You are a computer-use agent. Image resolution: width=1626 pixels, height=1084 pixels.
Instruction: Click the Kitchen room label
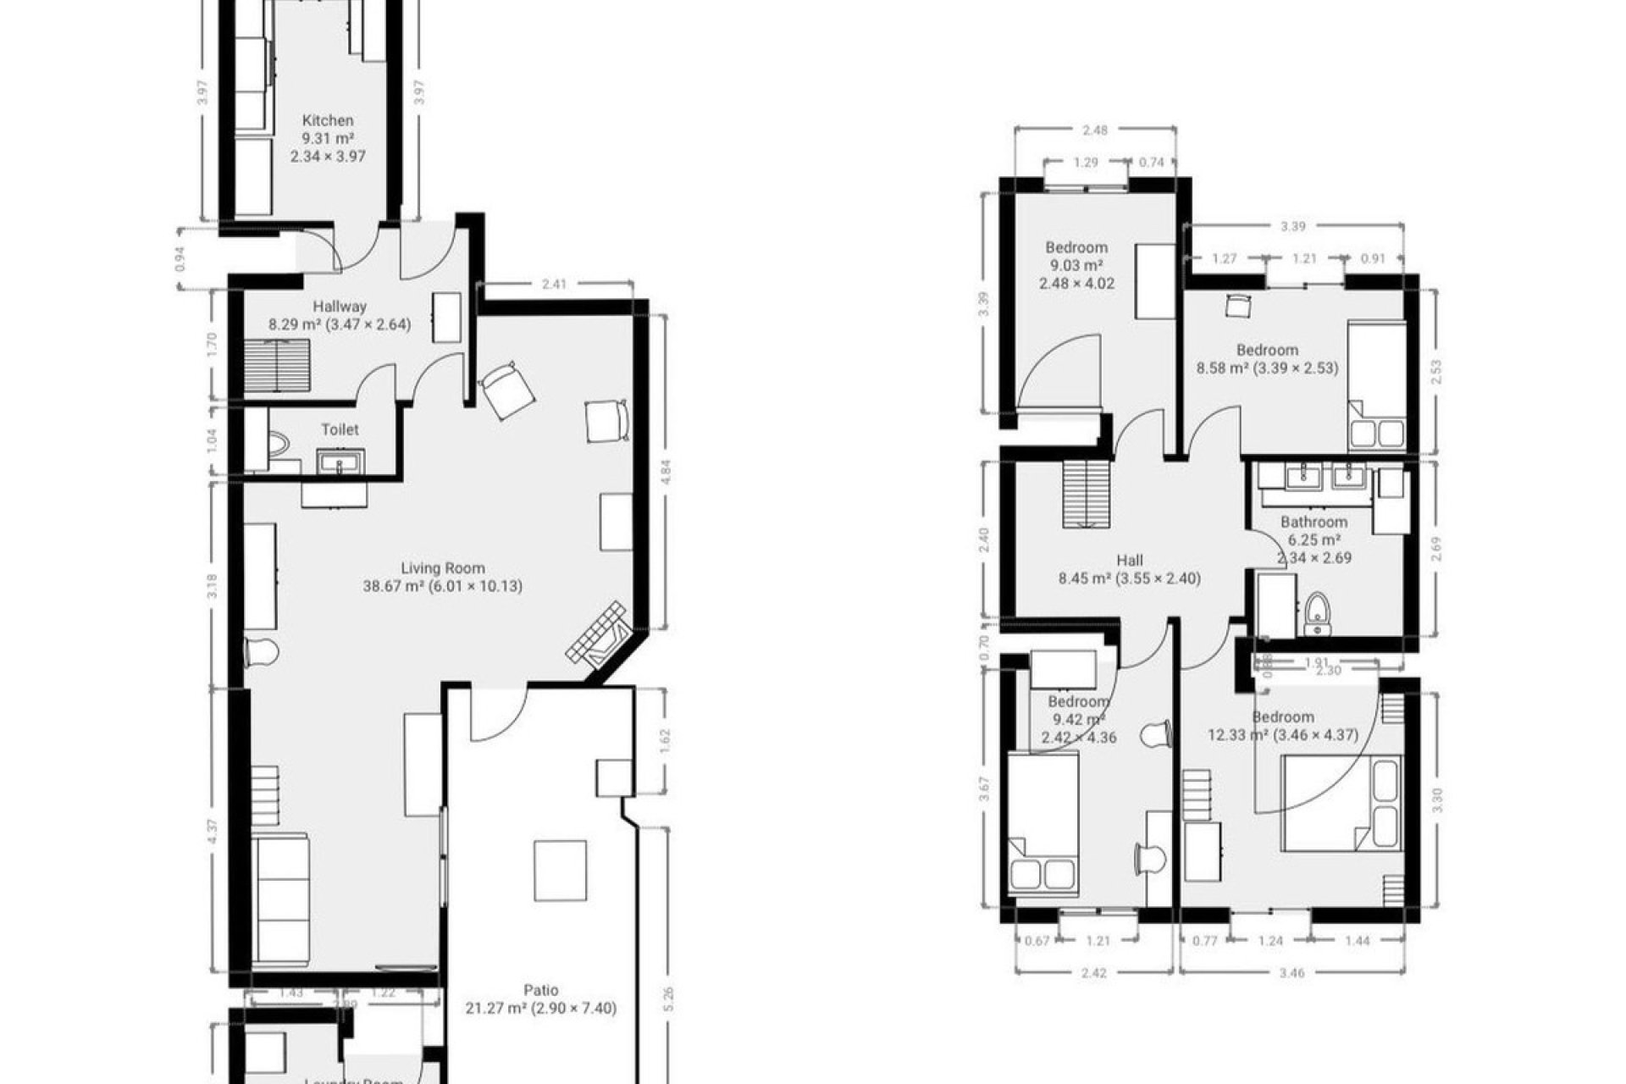click(328, 121)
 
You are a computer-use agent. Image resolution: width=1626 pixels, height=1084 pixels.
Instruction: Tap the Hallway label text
click(340, 307)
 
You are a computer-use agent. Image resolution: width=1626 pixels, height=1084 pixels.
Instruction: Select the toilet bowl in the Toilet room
click(278, 443)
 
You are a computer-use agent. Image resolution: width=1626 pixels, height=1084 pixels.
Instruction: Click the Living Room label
click(443, 568)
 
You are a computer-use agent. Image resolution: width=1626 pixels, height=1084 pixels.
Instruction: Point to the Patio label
click(540, 990)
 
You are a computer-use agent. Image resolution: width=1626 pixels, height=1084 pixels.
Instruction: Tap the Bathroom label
click(1314, 523)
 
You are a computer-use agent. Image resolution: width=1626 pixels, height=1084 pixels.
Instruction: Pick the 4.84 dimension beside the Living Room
click(666, 471)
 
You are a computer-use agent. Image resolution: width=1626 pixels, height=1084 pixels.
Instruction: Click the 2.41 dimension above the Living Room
click(554, 285)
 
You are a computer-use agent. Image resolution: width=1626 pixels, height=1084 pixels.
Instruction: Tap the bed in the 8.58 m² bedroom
click(1376, 385)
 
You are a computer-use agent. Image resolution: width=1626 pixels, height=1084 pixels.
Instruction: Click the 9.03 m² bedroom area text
click(1076, 266)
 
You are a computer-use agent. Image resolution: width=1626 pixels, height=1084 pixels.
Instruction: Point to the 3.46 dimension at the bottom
click(1291, 973)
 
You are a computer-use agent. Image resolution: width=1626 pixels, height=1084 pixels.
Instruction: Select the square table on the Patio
click(560, 871)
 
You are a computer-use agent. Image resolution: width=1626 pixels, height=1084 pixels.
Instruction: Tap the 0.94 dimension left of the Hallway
click(179, 258)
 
